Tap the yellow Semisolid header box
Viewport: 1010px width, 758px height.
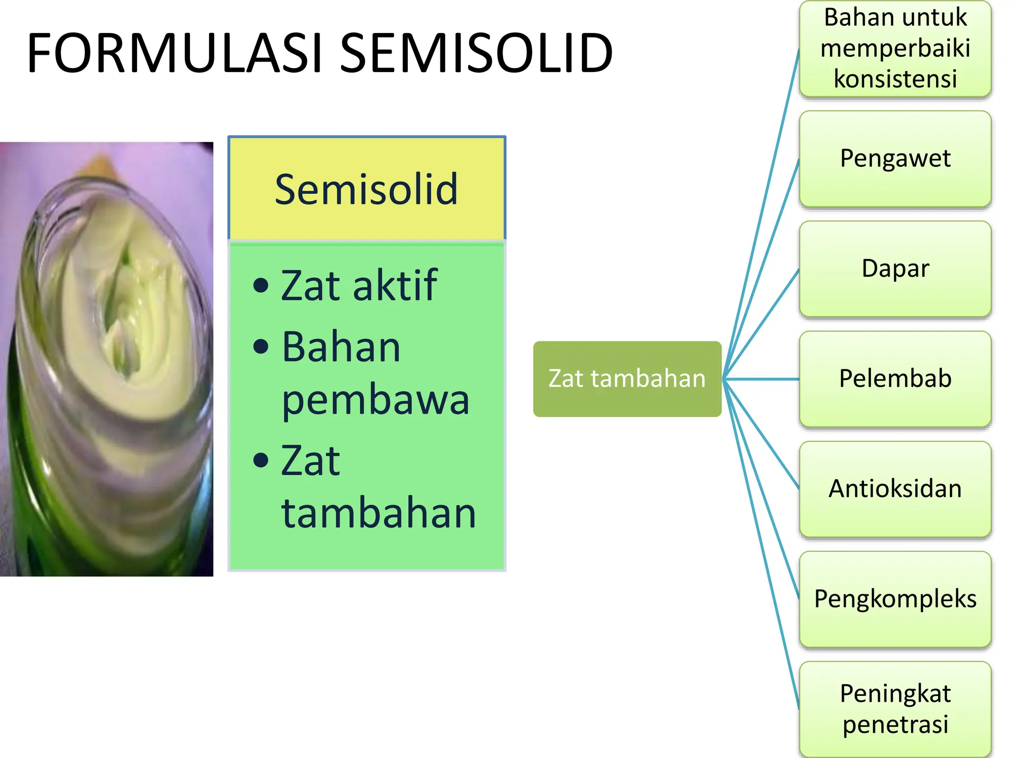(x=366, y=189)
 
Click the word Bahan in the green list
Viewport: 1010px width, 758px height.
(x=341, y=347)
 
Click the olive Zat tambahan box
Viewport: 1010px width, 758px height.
(x=627, y=379)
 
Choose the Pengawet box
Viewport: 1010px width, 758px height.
(x=895, y=158)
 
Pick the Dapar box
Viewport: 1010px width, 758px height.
(x=895, y=268)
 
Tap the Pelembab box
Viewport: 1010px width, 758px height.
(x=895, y=379)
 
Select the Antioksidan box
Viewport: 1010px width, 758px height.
(x=895, y=489)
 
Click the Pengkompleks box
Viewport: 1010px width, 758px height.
(x=895, y=599)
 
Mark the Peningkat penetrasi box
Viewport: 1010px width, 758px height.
(x=895, y=709)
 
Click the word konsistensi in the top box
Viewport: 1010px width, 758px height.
(x=895, y=78)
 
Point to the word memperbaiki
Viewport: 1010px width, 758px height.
(x=895, y=48)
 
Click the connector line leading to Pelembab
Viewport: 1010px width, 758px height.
(x=762, y=379)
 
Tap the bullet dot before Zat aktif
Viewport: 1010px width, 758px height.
(x=260, y=285)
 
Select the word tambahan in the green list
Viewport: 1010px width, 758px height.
(x=378, y=513)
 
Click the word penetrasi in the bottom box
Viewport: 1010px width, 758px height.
(x=895, y=724)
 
